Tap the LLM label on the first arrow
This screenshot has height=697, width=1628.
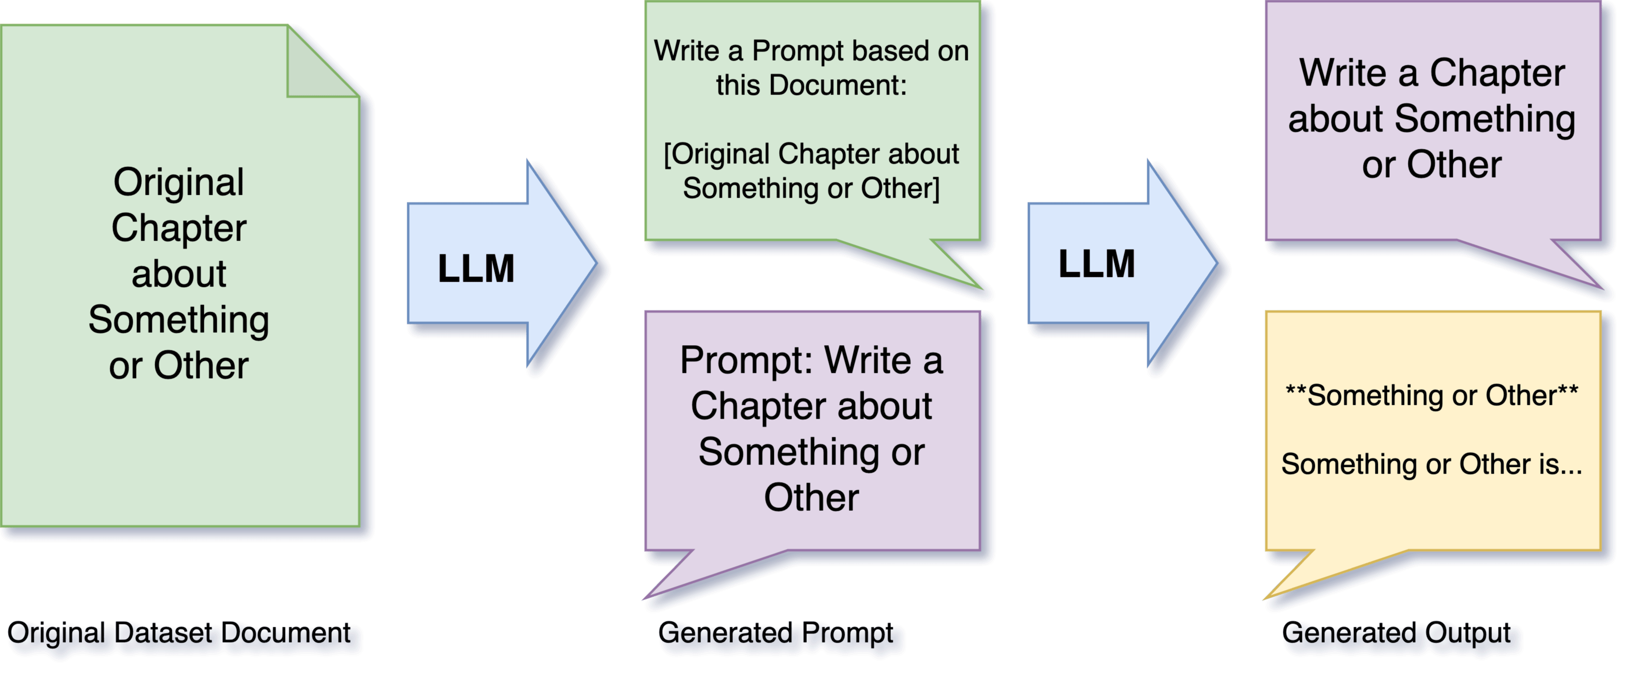point(476,269)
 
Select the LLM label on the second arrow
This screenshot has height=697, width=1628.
point(1097,264)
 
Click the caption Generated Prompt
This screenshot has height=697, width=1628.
point(777,633)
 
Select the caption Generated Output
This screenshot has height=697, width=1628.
point(1397,633)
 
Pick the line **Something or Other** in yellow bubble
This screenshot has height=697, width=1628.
point(1431,396)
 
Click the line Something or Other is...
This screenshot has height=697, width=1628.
point(1431,465)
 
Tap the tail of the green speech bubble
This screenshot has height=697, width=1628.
point(948,272)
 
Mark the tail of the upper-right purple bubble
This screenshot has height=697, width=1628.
point(1567,272)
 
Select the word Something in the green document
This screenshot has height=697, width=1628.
point(179,320)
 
